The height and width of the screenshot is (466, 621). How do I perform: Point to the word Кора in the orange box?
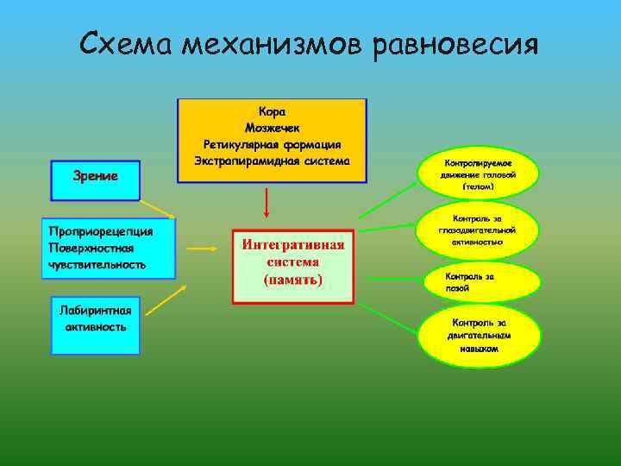tap(272, 111)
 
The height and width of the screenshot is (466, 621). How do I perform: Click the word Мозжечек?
tap(272, 128)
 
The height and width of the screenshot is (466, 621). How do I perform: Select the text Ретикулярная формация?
tap(272, 144)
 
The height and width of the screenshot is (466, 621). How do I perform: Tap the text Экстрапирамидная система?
tap(272, 161)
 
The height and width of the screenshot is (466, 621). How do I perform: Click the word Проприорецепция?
tap(101, 230)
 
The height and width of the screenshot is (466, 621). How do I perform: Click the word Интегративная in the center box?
tap(293, 244)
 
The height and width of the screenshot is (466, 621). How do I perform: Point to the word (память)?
tap(293, 280)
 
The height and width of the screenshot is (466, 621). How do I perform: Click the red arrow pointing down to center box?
tap(267, 203)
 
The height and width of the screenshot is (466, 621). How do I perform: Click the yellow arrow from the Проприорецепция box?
tap(203, 248)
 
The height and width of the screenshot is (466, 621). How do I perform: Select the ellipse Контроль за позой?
tap(479, 281)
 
